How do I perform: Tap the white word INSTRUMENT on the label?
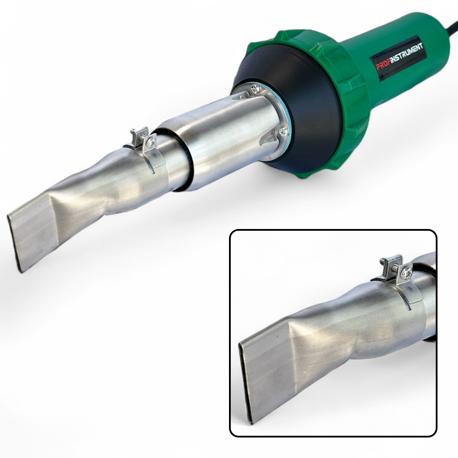click(406, 54)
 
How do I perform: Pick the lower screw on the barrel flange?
click(283, 132)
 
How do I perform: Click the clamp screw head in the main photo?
click(152, 142)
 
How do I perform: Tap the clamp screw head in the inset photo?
click(407, 273)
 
